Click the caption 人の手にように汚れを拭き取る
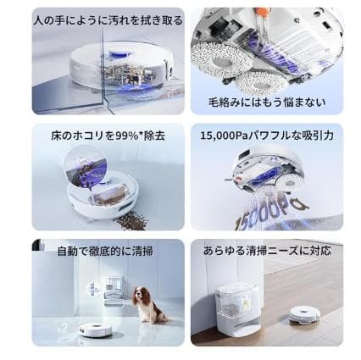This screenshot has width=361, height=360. click(x=108, y=19)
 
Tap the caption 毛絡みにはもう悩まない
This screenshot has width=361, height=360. click(x=267, y=102)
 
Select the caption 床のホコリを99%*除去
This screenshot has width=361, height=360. click(x=108, y=136)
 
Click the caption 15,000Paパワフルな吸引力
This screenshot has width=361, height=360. click(x=267, y=136)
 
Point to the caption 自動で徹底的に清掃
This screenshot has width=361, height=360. click(x=105, y=251)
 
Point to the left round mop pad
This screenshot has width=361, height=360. click(x=216, y=56)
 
